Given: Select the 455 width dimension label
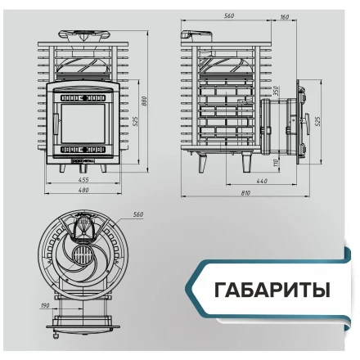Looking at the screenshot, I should click(83, 178).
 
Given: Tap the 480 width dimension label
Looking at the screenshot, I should click(83, 191).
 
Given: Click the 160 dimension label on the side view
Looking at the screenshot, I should click(284, 16).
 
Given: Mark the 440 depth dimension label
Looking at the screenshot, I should click(262, 180).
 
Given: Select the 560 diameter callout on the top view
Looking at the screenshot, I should click(137, 214).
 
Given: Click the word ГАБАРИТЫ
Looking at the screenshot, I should click(272, 290).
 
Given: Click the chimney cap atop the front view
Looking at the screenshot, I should click(83, 34).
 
